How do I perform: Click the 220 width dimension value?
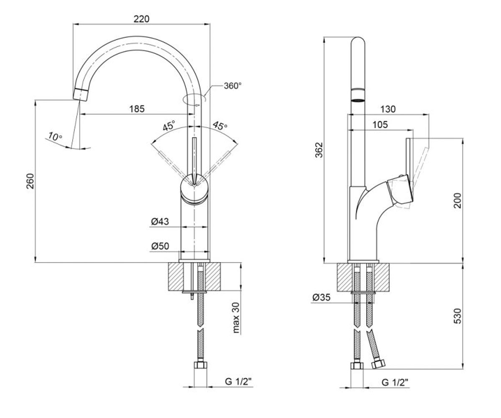142,19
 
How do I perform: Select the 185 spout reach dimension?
137,109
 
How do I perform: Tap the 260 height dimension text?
30,181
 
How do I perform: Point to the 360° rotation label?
233,86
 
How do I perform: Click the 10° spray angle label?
55,136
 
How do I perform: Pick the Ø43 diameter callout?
160,221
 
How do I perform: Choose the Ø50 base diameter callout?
160,246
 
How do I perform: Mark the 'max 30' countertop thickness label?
236,317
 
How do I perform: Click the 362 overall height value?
319,150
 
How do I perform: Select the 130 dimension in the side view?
388,109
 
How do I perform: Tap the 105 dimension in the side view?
380,125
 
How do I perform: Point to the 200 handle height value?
458,201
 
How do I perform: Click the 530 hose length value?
458,316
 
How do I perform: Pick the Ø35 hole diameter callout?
321,297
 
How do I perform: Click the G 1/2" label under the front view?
238,382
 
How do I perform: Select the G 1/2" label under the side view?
395,382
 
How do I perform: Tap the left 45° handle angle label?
169,126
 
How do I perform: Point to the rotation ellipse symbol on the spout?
194,99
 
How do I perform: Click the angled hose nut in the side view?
378,364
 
